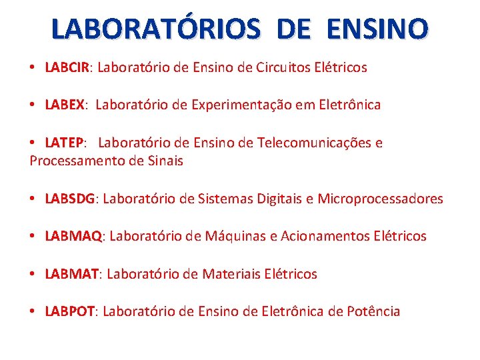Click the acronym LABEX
(65, 105)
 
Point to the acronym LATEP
(64, 143)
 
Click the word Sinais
(165, 161)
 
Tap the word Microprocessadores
(380, 199)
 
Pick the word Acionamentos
(322, 236)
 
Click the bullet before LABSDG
(33, 199)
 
